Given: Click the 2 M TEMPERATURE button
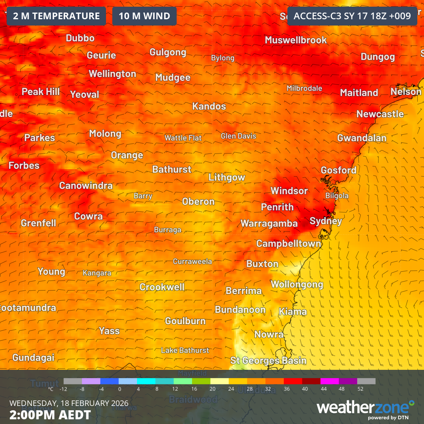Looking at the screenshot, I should click(56, 16).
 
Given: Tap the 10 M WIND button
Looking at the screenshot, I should click(144, 16).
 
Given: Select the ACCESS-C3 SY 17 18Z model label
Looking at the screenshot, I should click(352, 16).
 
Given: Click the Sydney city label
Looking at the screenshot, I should click(326, 221).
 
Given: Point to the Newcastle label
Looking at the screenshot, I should click(380, 114).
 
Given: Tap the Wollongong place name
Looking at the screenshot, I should click(297, 284).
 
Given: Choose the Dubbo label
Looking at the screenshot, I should click(80, 38).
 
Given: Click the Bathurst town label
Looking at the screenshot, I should click(172, 170).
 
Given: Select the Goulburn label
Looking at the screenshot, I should click(185, 321).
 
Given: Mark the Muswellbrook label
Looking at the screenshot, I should click(296, 40).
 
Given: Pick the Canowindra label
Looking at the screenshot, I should click(86, 186).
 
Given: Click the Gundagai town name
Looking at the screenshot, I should click(33, 358).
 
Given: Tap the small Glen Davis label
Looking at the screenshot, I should click(238, 136).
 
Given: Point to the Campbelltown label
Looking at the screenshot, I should click(289, 244).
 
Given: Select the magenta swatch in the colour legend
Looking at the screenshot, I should click(329, 381).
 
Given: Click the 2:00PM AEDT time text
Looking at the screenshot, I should click(50, 415).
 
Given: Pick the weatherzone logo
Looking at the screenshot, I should click(365, 408).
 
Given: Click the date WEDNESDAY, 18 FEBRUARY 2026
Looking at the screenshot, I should click(69, 403).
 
